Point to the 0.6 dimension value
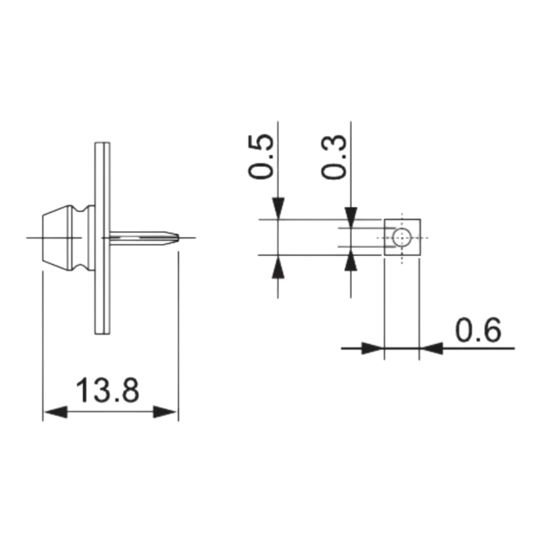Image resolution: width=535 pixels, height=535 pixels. tap(478, 330)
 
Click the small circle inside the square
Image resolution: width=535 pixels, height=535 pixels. tap(401, 237)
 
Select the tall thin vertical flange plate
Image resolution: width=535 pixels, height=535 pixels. tap(101, 237)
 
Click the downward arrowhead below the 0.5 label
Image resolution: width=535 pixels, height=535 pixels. tap(278, 208)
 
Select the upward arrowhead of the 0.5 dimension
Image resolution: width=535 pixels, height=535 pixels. tap(278, 266)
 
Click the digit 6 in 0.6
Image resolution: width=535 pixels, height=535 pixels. tap(492, 330)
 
